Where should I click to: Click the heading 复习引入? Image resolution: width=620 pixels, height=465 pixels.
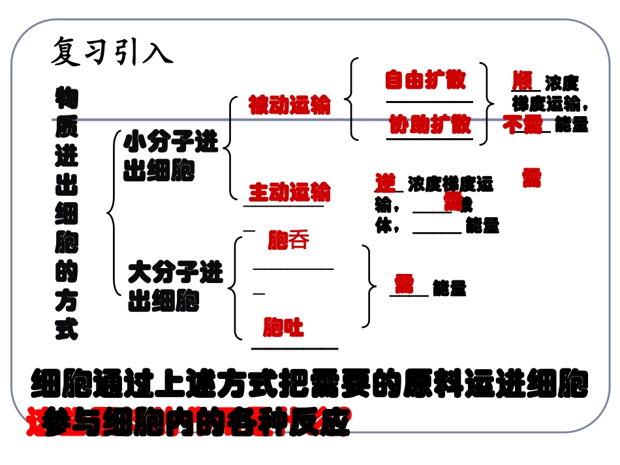click(x=112, y=51)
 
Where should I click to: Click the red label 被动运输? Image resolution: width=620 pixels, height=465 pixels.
click(x=290, y=105)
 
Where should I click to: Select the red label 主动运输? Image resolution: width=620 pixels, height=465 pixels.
click(x=290, y=192)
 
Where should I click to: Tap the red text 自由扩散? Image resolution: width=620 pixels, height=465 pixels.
click(x=425, y=80)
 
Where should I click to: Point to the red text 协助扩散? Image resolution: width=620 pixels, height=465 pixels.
click(x=429, y=123)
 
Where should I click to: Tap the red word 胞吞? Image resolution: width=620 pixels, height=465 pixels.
click(x=288, y=241)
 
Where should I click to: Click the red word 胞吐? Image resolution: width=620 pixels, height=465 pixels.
click(x=284, y=327)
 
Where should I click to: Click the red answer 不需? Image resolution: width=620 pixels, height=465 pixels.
click(x=523, y=124)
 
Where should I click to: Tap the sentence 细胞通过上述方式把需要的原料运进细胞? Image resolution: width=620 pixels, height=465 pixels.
click(x=309, y=384)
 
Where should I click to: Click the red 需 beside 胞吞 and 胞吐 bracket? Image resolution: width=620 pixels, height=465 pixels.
click(x=404, y=284)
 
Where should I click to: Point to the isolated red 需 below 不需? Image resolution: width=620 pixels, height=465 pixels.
click(x=531, y=177)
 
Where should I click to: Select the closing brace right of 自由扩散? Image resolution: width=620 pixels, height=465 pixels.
click(x=486, y=101)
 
